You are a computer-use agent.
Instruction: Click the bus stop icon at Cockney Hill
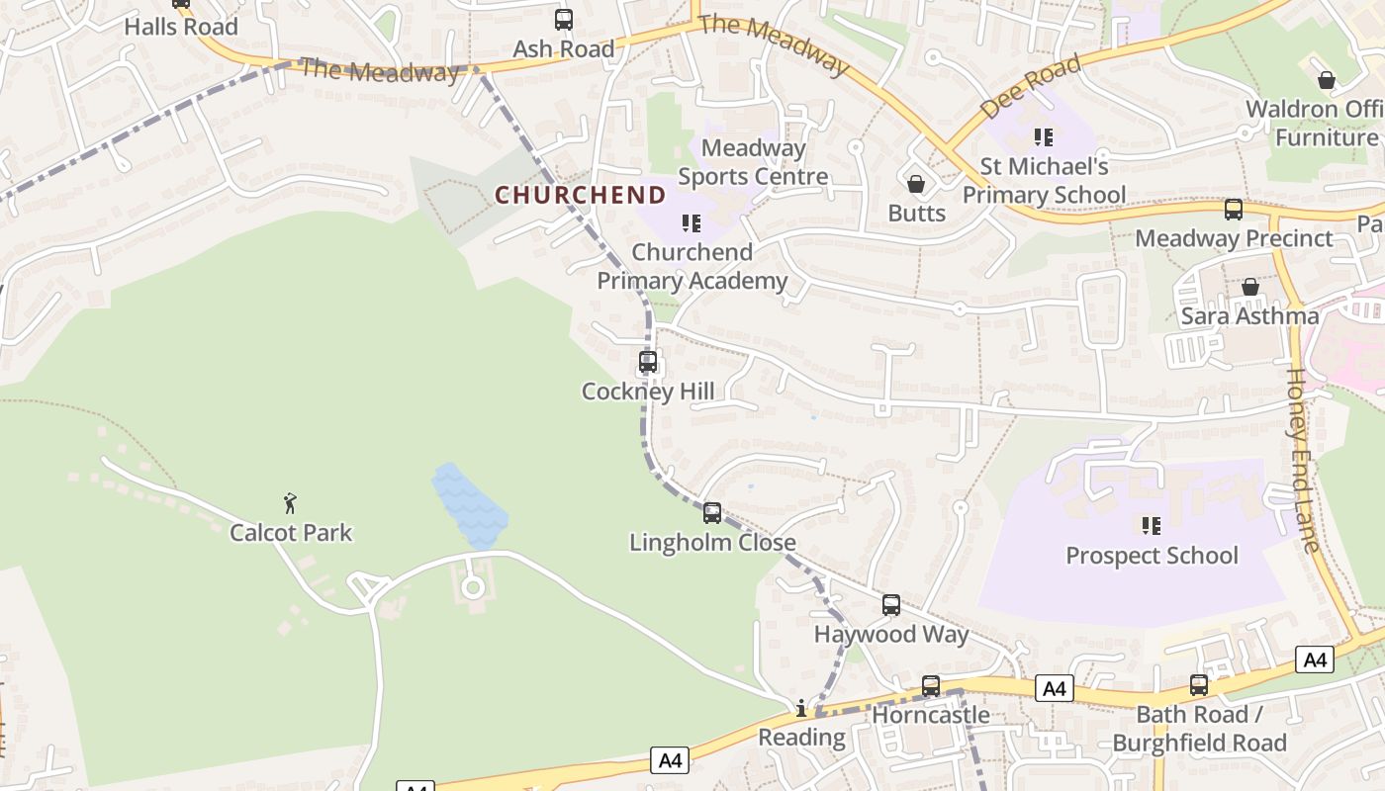tap(648, 362)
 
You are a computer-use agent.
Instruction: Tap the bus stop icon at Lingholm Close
tap(712, 513)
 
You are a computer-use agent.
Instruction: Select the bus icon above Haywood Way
tap(891, 605)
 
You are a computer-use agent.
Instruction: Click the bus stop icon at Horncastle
tap(931, 685)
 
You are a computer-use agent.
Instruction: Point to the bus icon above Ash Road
tap(564, 19)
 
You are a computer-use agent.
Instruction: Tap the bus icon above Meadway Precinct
tap(1234, 210)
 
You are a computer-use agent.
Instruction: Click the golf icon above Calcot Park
tap(290, 503)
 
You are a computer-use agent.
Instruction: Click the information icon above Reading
tap(801, 708)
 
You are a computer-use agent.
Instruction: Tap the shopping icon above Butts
tap(916, 184)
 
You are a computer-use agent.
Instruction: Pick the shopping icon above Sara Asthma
tap(1250, 287)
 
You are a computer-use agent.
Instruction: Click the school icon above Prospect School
tap(1151, 525)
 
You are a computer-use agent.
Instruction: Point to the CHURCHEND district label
tap(580, 195)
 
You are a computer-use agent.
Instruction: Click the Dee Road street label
tap(1030, 87)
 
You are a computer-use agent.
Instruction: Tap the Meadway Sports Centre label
tap(753, 162)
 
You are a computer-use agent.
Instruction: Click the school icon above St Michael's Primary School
tap(1044, 136)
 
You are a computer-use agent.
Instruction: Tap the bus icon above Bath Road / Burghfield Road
tap(1199, 684)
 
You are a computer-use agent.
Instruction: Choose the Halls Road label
tap(181, 27)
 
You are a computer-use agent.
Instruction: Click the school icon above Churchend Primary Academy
tap(692, 223)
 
